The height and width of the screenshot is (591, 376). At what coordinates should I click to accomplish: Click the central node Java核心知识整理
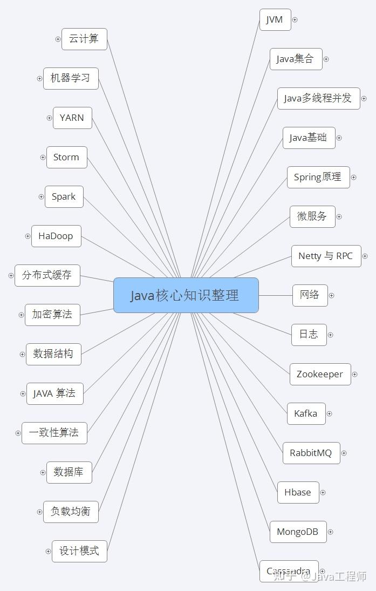point(186,295)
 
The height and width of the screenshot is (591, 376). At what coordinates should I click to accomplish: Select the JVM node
point(275,19)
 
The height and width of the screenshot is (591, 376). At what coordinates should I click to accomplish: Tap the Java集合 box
point(296,59)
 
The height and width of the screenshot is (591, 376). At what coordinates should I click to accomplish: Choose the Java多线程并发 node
point(318,98)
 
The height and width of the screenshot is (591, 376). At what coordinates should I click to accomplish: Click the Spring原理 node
point(318,177)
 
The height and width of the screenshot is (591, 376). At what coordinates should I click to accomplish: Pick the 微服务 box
point(312,216)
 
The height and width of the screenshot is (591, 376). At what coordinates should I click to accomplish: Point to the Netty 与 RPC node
point(326,256)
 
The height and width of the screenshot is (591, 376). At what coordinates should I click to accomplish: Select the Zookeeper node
point(320,374)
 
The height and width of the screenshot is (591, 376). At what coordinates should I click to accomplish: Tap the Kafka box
point(306,413)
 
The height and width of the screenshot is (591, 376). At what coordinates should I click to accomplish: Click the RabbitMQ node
point(311,453)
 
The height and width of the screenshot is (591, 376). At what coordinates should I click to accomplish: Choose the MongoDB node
point(297,532)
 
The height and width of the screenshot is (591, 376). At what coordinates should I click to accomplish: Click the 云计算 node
point(84,39)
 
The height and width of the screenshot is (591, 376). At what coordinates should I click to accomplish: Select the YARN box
point(72,118)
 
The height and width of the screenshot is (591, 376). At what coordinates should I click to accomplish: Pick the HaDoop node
point(56,236)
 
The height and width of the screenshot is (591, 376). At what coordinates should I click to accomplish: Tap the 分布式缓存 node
point(47,275)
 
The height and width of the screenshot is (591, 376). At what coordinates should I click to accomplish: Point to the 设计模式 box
point(79,551)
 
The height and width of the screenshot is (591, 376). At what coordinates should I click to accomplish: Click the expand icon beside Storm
point(43,158)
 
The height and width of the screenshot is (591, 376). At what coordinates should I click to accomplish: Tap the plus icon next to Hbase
point(323,492)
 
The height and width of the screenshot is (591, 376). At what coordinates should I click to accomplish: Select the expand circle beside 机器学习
point(39,78)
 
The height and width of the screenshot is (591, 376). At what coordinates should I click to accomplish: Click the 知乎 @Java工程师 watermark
point(320,576)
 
